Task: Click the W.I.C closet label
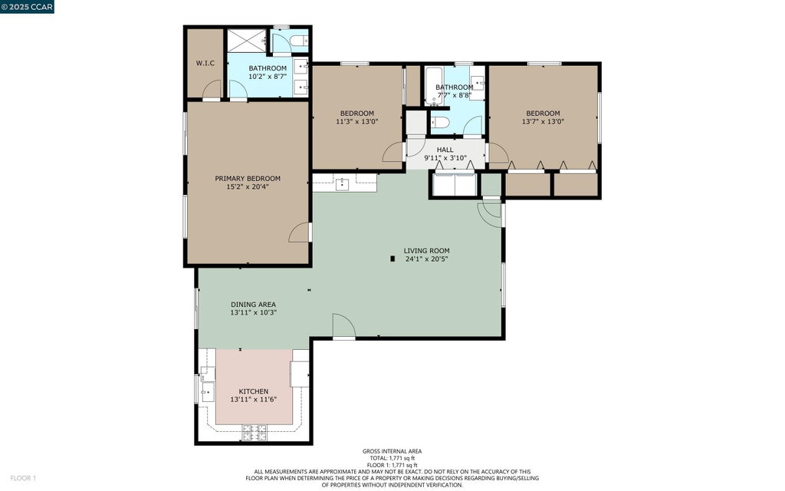205,63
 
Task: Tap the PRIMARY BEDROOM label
248,178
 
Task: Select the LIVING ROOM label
426,251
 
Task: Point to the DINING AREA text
253,304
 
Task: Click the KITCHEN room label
253,391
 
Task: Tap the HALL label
445,150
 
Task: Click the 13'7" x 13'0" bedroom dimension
544,121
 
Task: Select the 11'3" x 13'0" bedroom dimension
357,121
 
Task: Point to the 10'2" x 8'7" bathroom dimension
268,77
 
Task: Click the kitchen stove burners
255,433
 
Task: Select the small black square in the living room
393,259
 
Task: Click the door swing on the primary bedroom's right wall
300,232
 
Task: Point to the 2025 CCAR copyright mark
27,6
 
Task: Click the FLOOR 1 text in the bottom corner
23,478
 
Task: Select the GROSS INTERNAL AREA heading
392,451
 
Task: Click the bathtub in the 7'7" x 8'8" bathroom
434,86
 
